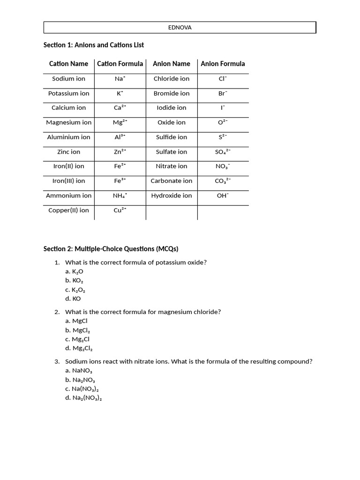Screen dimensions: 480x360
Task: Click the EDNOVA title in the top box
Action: point(180,28)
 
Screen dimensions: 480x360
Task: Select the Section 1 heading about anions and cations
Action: point(94,45)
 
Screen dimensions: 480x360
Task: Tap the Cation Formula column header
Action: point(120,64)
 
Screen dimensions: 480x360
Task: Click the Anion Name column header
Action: point(172,64)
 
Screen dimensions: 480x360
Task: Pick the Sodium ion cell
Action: point(68,79)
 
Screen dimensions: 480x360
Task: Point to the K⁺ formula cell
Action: point(120,93)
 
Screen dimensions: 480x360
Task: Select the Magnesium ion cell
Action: point(68,122)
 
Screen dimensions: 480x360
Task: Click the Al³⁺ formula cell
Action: point(120,137)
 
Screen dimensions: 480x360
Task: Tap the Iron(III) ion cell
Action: point(68,180)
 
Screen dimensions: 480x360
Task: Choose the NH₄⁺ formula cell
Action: point(120,195)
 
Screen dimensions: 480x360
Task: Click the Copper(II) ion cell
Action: point(68,210)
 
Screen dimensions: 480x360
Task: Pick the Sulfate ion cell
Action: point(172,152)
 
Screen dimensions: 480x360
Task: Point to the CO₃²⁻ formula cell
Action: point(223,180)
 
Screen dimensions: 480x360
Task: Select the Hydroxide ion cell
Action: point(172,195)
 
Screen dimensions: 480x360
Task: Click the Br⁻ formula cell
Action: point(223,93)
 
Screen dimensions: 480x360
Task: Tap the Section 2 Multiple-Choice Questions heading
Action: point(111,248)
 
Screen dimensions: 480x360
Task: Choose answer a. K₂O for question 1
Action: point(75,271)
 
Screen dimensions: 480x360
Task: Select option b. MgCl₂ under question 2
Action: point(77,330)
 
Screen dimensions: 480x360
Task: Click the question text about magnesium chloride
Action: point(143,312)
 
